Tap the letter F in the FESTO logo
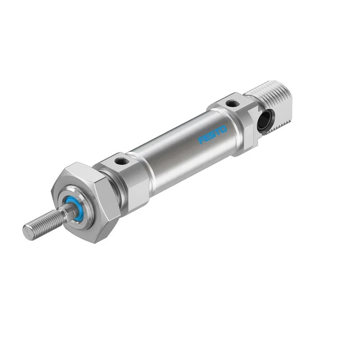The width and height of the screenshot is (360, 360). [x=201, y=140]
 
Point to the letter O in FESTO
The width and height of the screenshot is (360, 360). [x=223, y=129]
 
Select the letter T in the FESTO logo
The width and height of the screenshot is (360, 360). [x=218, y=131]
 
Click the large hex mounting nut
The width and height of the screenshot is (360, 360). [x=86, y=202]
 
